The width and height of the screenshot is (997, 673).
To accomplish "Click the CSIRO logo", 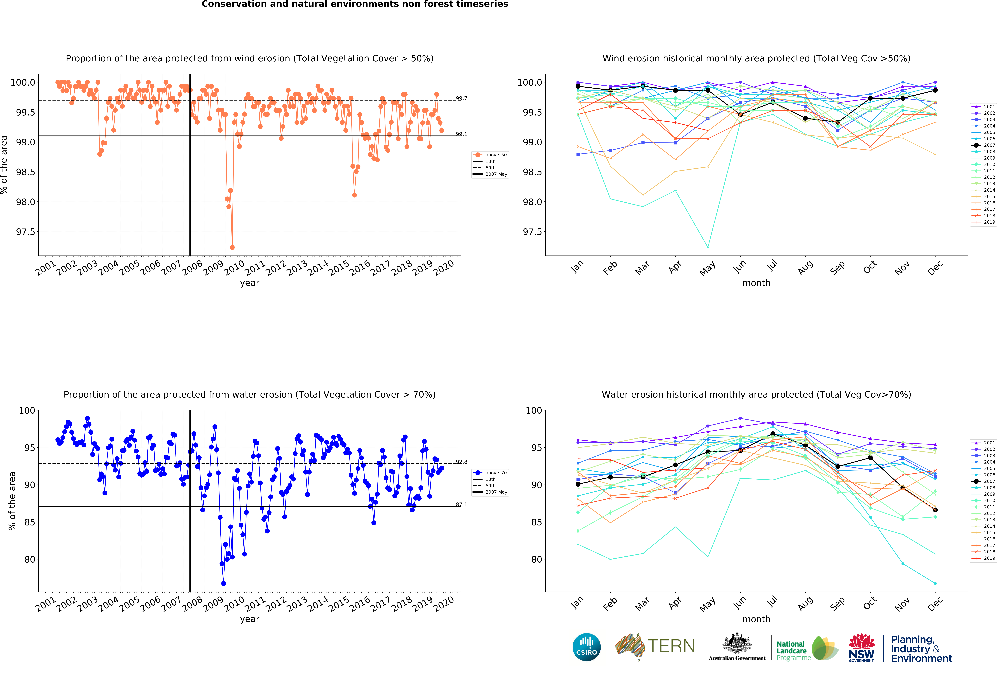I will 586,647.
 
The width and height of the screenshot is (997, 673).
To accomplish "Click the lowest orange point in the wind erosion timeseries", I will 232,247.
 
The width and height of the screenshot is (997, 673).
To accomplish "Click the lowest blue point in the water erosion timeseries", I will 223,583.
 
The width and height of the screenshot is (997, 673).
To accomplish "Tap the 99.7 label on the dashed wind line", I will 462,98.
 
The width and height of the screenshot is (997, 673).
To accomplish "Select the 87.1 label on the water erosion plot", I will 462,505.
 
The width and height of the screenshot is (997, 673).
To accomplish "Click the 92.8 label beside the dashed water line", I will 462,462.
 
